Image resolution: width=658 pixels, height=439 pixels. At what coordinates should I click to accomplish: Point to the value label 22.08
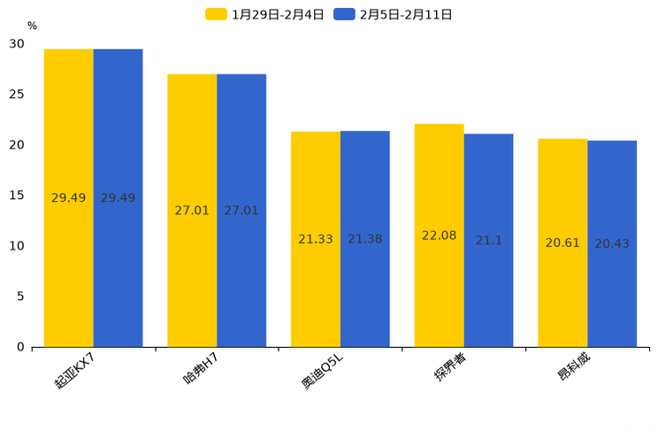[x=439, y=235]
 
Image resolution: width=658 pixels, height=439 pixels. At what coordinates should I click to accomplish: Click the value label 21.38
[x=365, y=239]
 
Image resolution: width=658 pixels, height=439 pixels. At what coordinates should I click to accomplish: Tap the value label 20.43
[x=612, y=243]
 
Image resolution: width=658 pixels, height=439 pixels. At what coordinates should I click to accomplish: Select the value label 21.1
[x=488, y=241]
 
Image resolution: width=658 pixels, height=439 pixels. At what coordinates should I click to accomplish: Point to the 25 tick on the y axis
[x=18, y=95]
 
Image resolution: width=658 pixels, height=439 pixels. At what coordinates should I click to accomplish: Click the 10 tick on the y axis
[x=18, y=246]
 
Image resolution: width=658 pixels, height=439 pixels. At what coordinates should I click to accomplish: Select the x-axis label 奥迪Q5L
[x=321, y=370]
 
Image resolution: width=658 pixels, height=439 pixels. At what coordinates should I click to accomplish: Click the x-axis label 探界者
[x=450, y=366]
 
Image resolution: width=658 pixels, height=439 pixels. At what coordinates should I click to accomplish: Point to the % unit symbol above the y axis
[x=32, y=27]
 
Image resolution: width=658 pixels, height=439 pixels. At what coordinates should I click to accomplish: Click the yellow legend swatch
[x=217, y=14]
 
